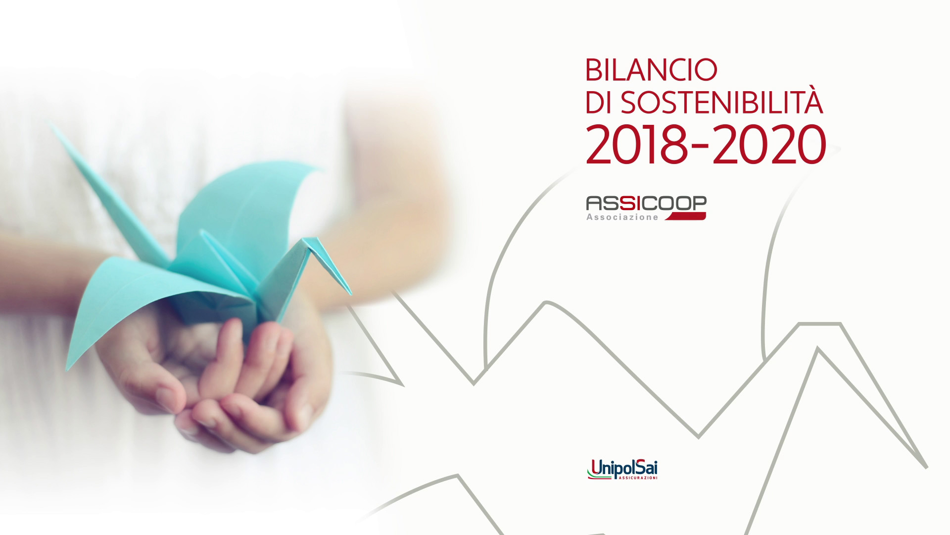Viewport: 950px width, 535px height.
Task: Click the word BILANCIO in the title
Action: (x=651, y=70)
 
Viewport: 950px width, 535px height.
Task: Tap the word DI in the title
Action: (x=597, y=103)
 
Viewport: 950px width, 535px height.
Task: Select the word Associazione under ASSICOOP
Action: (x=622, y=217)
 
